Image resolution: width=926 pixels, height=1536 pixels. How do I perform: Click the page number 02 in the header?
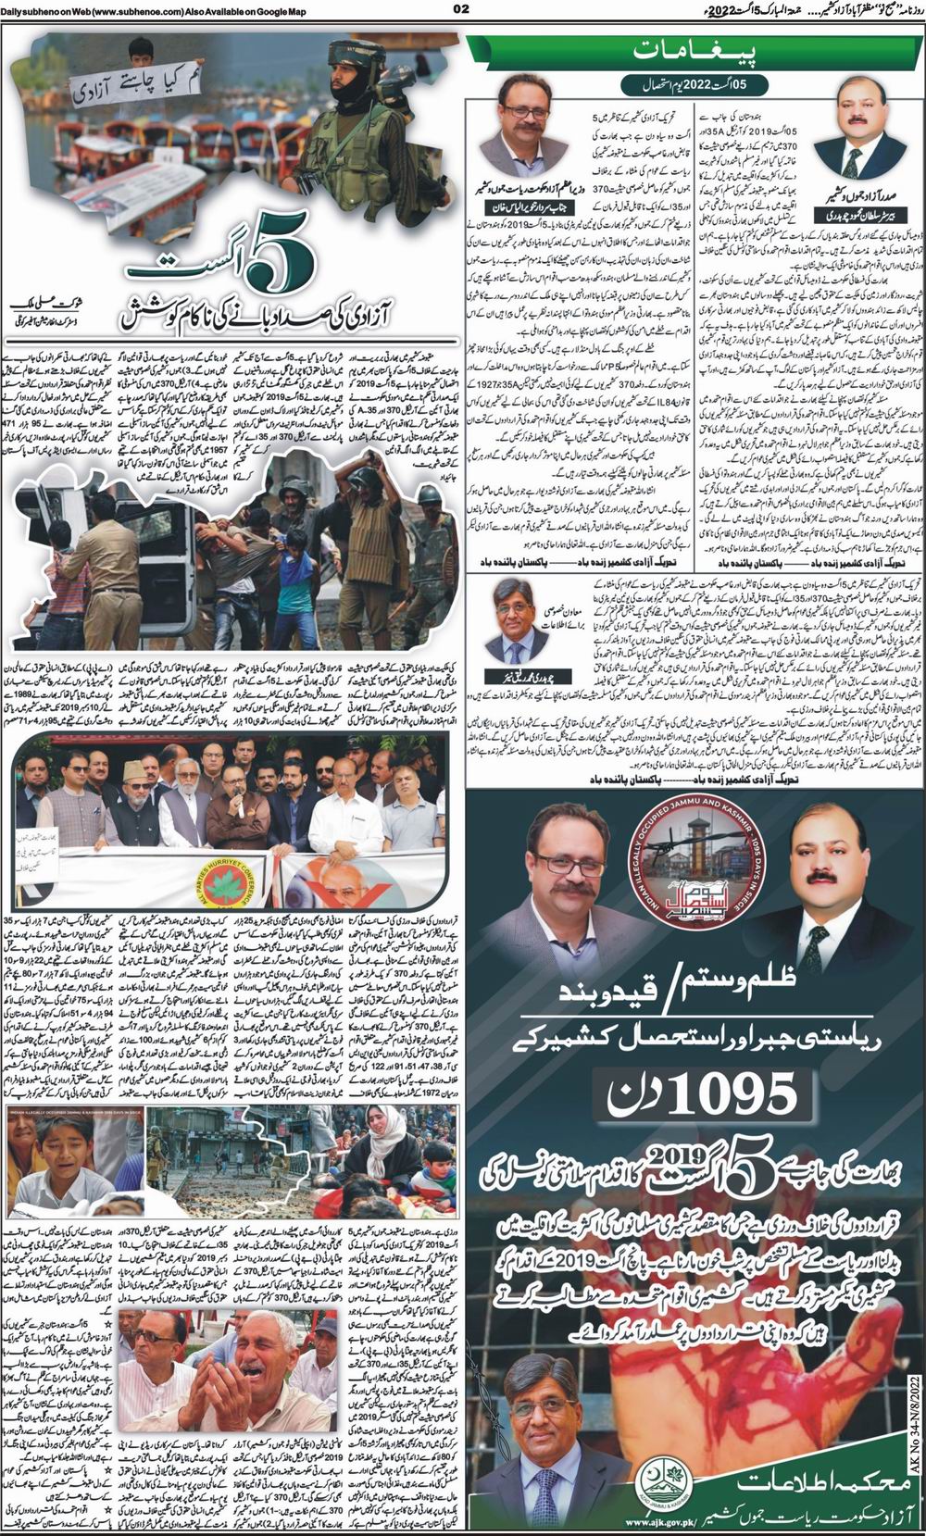pos(463,10)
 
